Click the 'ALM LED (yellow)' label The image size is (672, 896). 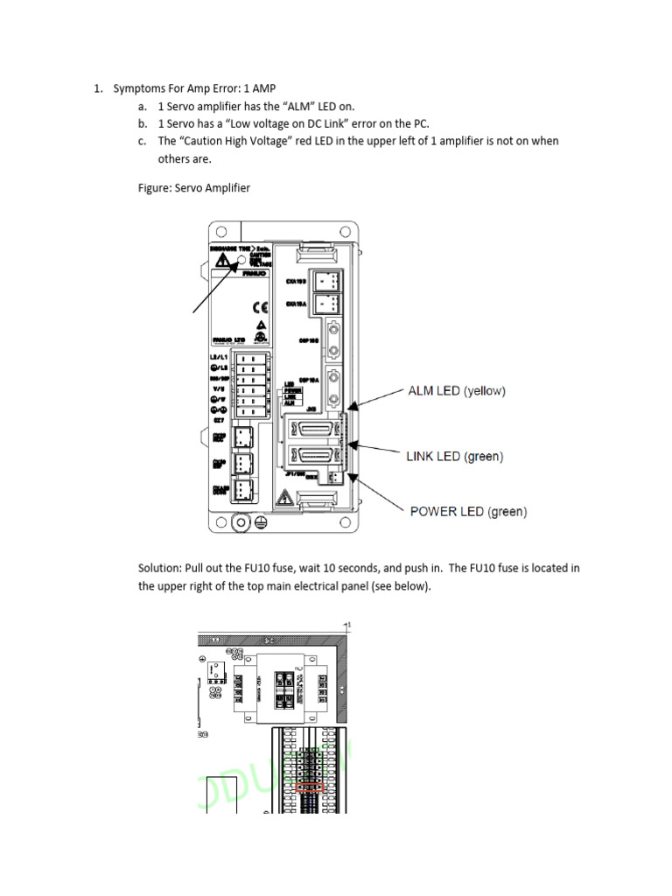pyautogui.click(x=457, y=391)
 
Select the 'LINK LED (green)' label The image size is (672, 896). pyautogui.click(x=454, y=456)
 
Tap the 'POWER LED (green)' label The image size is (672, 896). pyautogui.click(x=468, y=511)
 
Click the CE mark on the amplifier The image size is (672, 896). pyautogui.click(x=260, y=307)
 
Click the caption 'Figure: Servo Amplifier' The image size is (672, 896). pyautogui.click(x=194, y=188)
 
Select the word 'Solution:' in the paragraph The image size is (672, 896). pyautogui.click(x=160, y=568)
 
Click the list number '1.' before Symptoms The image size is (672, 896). pyautogui.click(x=99, y=88)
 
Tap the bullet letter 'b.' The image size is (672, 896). pyautogui.click(x=143, y=123)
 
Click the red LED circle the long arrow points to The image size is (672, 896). pyautogui.click(x=244, y=260)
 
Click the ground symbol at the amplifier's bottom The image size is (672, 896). pyautogui.click(x=259, y=522)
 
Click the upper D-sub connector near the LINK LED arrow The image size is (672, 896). pyautogui.click(x=314, y=430)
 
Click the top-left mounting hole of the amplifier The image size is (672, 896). pyautogui.click(x=222, y=232)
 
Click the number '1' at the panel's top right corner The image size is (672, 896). pyautogui.click(x=349, y=626)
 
